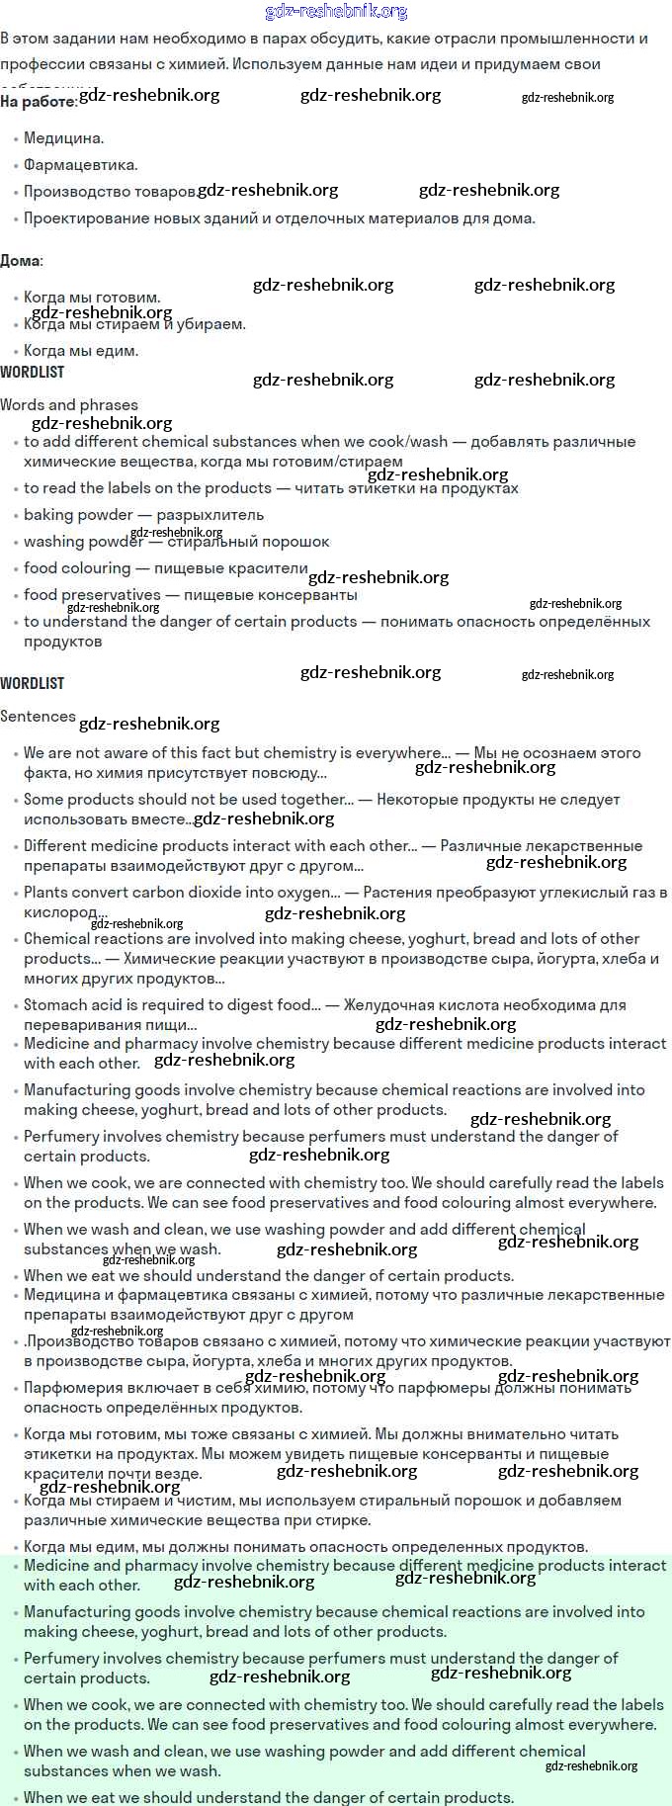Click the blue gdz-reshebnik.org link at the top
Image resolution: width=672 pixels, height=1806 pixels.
[x=336, y=12]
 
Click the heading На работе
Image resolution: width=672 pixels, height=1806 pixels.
[x=38, y=101]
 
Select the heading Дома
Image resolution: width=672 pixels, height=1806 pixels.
[x=20, y=261]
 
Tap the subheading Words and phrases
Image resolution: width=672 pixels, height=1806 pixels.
[x=69, y=404]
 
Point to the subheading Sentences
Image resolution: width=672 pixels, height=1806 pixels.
[x=38, y=717]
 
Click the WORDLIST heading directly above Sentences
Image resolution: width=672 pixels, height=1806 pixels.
[x=32, y=683]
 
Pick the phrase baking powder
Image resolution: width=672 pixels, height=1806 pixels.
[x=78, y=515]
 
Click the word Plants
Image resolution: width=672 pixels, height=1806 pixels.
[x=46, y=893]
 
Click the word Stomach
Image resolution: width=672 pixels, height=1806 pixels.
[x=55, y=1005]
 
